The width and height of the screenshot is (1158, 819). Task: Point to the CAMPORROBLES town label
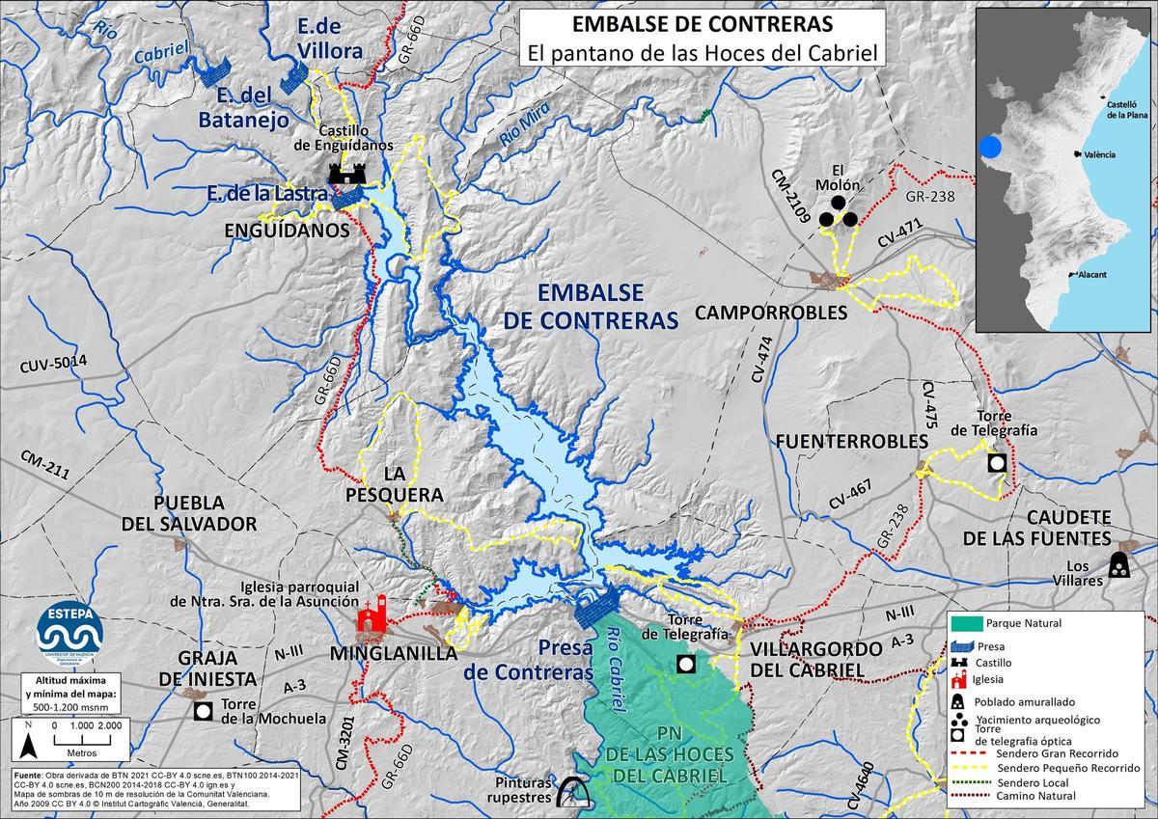pos(770,313)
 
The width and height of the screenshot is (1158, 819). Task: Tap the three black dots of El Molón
pos(838,213)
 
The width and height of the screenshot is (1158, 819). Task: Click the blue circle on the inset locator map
pos(990,148)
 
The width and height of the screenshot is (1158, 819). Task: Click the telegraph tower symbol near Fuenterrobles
pos(997,463)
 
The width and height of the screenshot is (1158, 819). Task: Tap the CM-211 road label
pos(44,464)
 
